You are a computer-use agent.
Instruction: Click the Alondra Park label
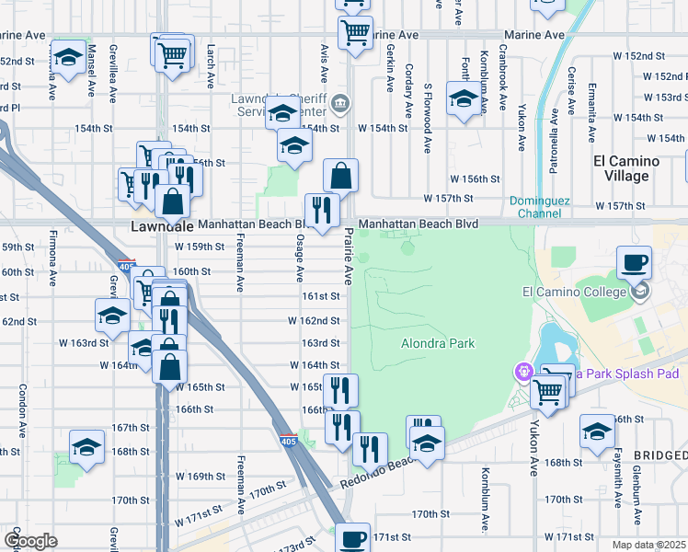pos(438,343)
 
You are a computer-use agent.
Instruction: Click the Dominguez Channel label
pos(534,208)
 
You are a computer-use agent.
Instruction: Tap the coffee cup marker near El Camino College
pos(634,263)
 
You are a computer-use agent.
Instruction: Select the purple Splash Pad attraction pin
pos(524,372)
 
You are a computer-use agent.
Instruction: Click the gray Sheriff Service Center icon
pos(340,101)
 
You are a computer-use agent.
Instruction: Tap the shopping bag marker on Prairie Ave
pos(340,175)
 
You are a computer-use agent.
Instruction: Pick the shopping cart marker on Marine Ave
pos(355,32)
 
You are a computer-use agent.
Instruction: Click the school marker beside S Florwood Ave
pos(463,98)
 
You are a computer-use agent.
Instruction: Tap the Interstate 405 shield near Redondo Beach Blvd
pos(288,441)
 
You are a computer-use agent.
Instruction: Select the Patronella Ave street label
pos(555,129)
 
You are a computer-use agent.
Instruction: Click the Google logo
pos(30,541)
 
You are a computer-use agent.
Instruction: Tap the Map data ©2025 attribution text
pos(648,545)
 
